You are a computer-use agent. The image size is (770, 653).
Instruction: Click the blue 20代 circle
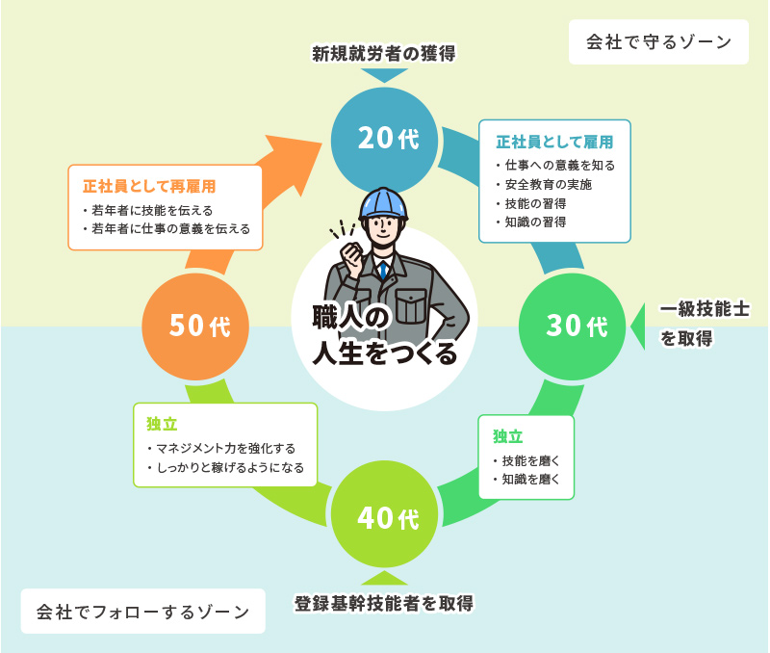(x=384, y=139)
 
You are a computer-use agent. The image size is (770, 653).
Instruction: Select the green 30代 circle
(x=573, y=326)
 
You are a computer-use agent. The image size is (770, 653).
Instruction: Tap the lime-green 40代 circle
(x=384, y=518)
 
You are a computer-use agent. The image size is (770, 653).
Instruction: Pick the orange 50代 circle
(x=196, y=326)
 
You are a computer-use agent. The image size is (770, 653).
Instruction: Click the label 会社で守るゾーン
(x=658, y=42)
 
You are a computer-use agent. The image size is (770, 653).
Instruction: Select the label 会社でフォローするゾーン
(x=142, y=611)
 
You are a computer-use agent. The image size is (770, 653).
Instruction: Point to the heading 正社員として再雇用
(x=148, y=185)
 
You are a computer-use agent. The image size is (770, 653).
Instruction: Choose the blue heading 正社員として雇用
(x=554, y=142)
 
